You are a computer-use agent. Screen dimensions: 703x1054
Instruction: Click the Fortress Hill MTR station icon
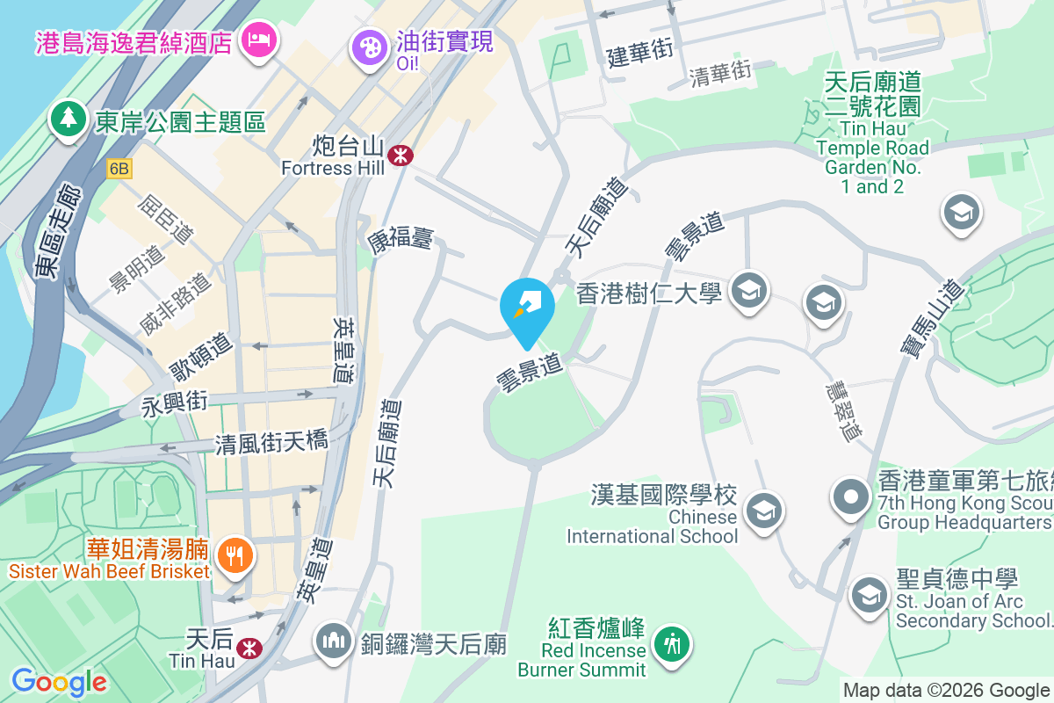click(x=401, y=155)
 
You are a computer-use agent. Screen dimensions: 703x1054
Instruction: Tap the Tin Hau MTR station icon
click(x=250, y=648)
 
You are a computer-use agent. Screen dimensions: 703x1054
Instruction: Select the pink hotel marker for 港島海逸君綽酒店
click(x=259, y=40)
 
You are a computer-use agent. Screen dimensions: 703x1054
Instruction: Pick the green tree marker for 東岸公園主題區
click(x=68, y=120)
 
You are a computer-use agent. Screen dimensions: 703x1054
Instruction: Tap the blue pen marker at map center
click(x=527, y=308)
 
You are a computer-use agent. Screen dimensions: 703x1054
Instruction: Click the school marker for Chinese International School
click(x=762, y=510)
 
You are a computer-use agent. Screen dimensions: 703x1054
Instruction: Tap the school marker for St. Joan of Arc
click(x=870, y=592)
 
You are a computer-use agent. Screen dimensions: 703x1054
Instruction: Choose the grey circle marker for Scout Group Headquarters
click(x=850, y=496)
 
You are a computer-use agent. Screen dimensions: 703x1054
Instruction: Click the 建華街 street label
click(x=640, y=54)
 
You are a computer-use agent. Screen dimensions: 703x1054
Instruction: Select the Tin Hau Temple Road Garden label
click(x=872, y=133)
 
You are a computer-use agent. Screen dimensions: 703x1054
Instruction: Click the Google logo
click(x=59, y=681)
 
